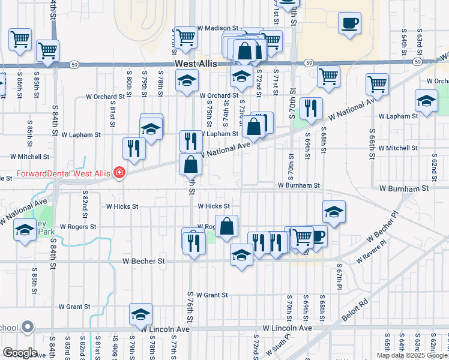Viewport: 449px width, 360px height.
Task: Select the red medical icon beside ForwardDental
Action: tap(119, 173)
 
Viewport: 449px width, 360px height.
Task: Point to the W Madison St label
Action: tap(217, 28)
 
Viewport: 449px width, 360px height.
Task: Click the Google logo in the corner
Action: tap(20, 352)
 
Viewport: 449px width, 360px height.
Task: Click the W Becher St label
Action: tap(143, 262)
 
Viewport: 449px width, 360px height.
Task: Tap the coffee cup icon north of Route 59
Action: tap(349, 24)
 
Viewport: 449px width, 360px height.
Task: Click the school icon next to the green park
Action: tap(25, 230)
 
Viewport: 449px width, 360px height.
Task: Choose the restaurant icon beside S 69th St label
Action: tap(311, 108)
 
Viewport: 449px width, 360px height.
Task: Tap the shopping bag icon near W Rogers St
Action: tap(227, 227)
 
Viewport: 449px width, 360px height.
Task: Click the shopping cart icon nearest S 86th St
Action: tap(20, 40)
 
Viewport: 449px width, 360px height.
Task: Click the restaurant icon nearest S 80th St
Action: tap(134, 148)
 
